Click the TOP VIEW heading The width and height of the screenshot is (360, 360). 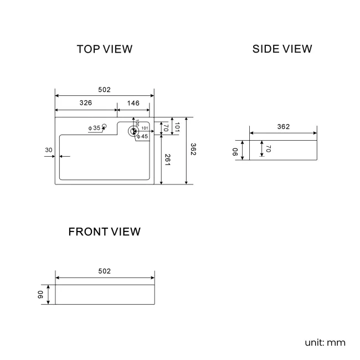(105, 49)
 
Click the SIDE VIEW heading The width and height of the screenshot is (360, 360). (282, 49)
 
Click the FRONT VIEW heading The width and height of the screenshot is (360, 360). (105, 232)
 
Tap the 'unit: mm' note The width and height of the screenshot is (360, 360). (325, 342)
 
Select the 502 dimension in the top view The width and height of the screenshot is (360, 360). (105, 90)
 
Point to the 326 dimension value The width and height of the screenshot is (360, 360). (85, 103)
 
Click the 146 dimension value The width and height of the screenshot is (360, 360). (133, 103)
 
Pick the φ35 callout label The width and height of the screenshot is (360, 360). (94, 128)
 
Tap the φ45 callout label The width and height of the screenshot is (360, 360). (142, 136)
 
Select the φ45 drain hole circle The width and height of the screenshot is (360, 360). (133, 131)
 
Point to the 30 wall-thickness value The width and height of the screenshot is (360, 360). (49, 150)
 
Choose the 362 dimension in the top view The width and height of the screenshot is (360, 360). (193, 150)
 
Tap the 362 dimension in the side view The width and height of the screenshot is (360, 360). (283, 127)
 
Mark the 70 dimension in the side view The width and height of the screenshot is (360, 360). (268, 149)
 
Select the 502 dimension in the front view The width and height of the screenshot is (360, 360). (105, 271)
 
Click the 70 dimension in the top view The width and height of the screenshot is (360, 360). (166, 127)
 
